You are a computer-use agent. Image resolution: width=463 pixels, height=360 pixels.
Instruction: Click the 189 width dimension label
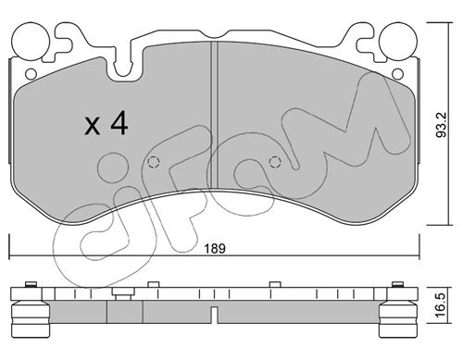[x=215, y=248]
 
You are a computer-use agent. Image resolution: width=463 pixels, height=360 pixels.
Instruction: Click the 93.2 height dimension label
[x=441, y=125]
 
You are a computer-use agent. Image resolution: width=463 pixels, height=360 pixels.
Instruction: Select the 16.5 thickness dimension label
[x=441, y=304]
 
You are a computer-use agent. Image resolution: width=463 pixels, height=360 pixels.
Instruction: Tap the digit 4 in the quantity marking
[x=119, y=122]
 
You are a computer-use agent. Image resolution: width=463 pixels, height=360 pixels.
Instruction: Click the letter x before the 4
[x=93, y=126]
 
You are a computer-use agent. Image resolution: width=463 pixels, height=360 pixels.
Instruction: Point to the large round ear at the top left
[x=31, y=42]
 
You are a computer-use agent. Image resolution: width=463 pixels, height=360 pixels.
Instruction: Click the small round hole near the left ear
[x=31, y=74]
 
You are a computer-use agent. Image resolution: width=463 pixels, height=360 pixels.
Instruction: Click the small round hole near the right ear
[x=398, y=74]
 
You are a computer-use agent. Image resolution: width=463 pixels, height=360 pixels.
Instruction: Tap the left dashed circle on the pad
[x=154, y=162]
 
